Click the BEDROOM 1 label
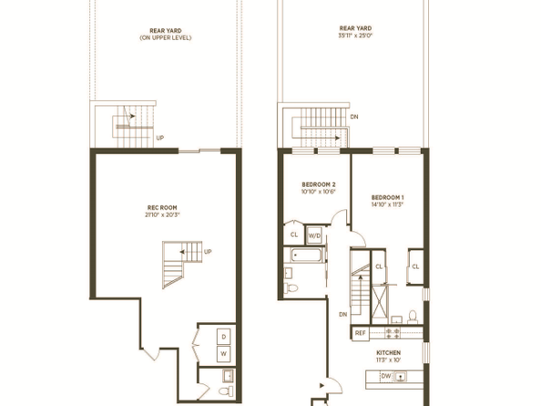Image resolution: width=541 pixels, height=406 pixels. coord(388,198)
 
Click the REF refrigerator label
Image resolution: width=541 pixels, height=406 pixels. coord(360,333)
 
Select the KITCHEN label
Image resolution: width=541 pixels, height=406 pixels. coord(389,351)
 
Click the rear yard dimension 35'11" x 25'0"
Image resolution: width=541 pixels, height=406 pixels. coord(356,37)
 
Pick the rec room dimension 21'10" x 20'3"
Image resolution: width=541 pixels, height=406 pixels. coord(163,215)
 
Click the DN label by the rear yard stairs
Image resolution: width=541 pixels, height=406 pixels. coord(353,118)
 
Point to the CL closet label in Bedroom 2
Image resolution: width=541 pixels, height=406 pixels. coord(294,234)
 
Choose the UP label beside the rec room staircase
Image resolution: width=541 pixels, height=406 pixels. coord(208,252)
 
